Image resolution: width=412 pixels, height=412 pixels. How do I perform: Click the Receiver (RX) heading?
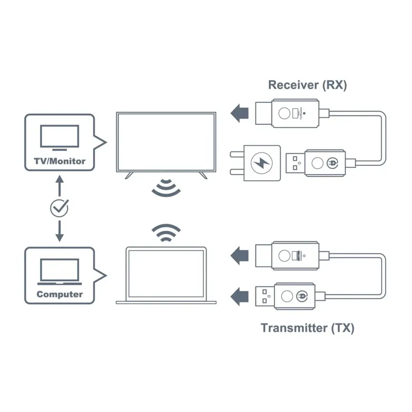pos(307,85)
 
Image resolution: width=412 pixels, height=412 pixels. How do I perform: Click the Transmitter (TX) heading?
pos(307,328)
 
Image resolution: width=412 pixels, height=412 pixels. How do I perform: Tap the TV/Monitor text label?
pos(60,161)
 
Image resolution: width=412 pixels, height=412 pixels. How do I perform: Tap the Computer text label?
pos(60,295)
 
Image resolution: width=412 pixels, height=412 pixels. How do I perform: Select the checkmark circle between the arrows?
pos(59,208)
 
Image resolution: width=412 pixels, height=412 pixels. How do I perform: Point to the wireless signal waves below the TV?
pos(166,188)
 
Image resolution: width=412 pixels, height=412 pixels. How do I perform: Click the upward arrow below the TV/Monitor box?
pos(59,184)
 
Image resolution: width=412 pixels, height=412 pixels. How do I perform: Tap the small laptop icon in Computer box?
pos(60,271)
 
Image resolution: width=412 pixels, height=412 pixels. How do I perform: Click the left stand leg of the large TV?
pos(129,176)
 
